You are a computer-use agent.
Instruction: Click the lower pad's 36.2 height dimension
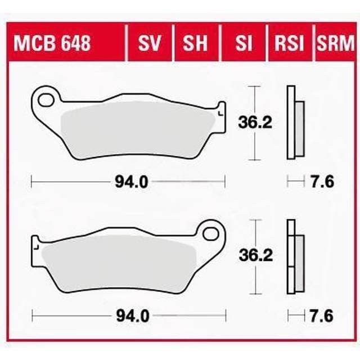pos(260,256)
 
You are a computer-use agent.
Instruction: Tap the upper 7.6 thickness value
pos(323,181)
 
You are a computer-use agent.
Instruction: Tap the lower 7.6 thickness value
pos(323,316)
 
